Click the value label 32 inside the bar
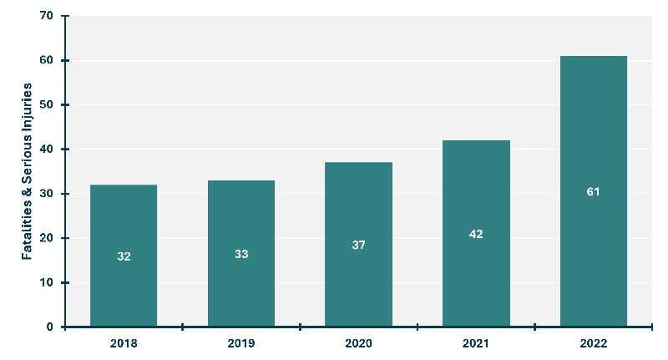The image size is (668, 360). [x=124, y=256]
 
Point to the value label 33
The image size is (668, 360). [x=241, y=254]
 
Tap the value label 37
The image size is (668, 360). [x=358, y=245]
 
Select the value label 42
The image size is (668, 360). [x=476, y=234]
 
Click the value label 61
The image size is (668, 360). [x=593, y=192]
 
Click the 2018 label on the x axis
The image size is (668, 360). [x=124, y=343]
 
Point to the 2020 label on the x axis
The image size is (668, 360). [x=358, y=343]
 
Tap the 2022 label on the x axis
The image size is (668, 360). [x=593, y=343]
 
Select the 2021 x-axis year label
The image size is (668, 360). [x=476, y=343]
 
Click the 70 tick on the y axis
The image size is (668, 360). [x=46, y=16]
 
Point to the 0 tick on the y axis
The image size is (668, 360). [x=49, y=327]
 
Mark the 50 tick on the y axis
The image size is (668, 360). [x=46, y=105]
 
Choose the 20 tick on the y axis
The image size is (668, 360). [x=46, y=238]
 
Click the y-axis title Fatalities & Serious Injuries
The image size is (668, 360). [x=27, y=171]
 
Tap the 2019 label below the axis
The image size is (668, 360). [x=241, y=343]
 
